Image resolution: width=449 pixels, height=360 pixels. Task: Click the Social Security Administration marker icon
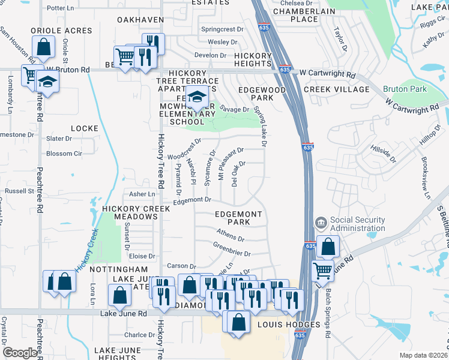(x=321, y=223)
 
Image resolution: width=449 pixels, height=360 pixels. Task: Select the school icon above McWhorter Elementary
(x=196, y=96)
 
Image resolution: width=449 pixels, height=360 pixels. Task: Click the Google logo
(x=20, y=353)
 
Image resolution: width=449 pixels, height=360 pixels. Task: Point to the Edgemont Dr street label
(x=193, y=201)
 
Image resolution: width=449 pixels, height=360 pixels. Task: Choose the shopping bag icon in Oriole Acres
(x=44, y=46)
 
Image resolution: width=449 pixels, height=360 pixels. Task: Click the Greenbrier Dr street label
(x=231, y=249)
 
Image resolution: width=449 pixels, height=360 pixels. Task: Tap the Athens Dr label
(x=231, y=235)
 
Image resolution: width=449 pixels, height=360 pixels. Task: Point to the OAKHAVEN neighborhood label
(x=140, y=20)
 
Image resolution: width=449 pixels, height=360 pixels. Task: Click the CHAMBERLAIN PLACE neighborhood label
(x=295, y=15)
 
